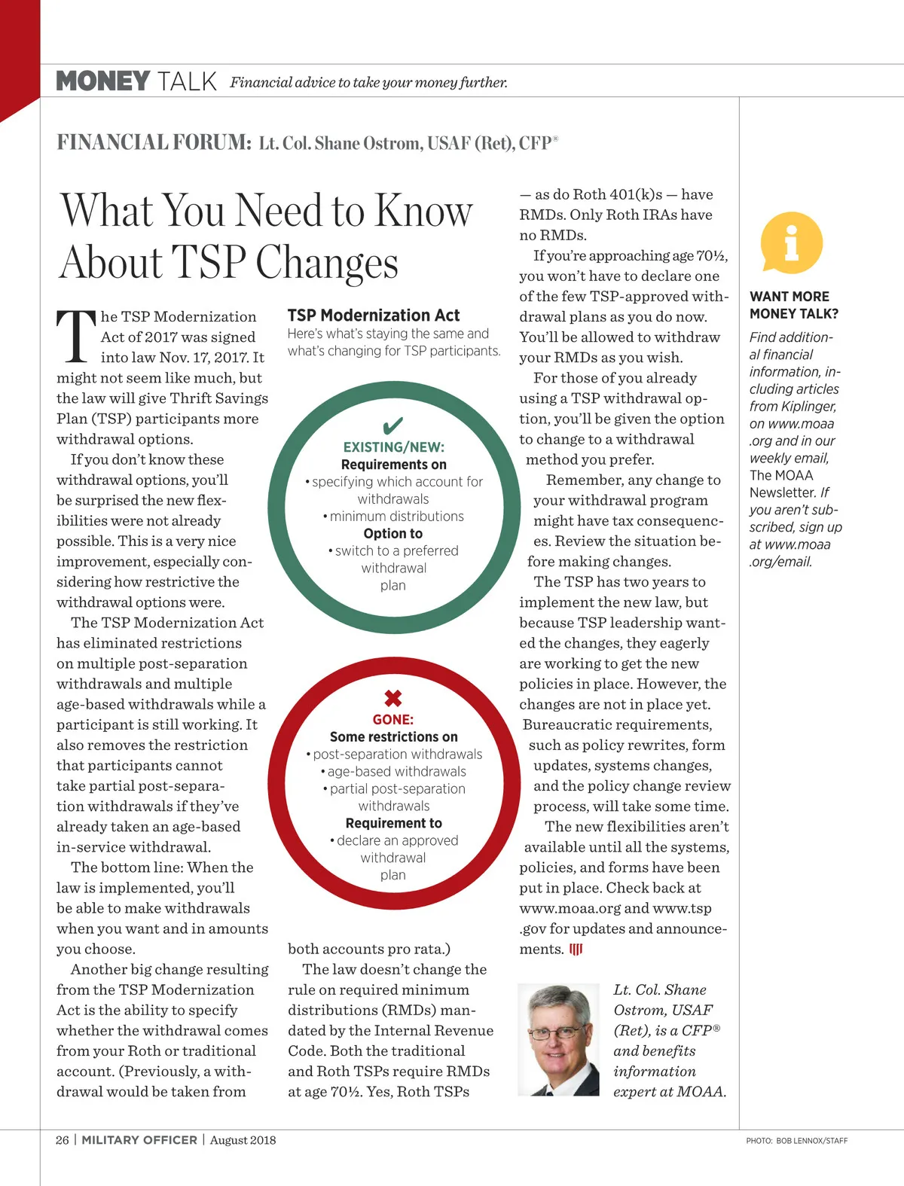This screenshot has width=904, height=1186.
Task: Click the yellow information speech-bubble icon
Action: (791, 242)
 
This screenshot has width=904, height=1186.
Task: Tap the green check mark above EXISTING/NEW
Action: (393, 425)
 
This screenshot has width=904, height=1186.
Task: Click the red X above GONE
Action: (393, 698)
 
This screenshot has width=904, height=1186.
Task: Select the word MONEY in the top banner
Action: (103, 81)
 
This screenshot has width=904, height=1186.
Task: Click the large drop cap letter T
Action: (76, 336)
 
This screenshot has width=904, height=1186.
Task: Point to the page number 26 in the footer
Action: (63, 1140)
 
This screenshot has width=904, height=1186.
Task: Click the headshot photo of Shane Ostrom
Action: (558, 1039)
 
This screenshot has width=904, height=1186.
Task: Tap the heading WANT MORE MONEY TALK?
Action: (793, 305)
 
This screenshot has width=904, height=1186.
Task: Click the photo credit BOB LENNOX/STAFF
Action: (811, 1141)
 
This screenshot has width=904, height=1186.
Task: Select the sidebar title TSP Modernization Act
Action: (374, 316)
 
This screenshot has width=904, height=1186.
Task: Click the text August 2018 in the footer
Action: (243, 1140)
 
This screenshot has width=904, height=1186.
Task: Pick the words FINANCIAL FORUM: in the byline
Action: (154, 142)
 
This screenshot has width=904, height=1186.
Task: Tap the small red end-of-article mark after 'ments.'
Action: (576, 950)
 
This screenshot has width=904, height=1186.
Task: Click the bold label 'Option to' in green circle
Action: (393, 534)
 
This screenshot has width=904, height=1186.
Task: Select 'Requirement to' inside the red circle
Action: (393, 823)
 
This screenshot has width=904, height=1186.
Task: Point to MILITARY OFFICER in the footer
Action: (139, 1140)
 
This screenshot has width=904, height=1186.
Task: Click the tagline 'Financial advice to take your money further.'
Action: (368, 83)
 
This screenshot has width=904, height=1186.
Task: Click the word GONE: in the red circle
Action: (393, 720)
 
